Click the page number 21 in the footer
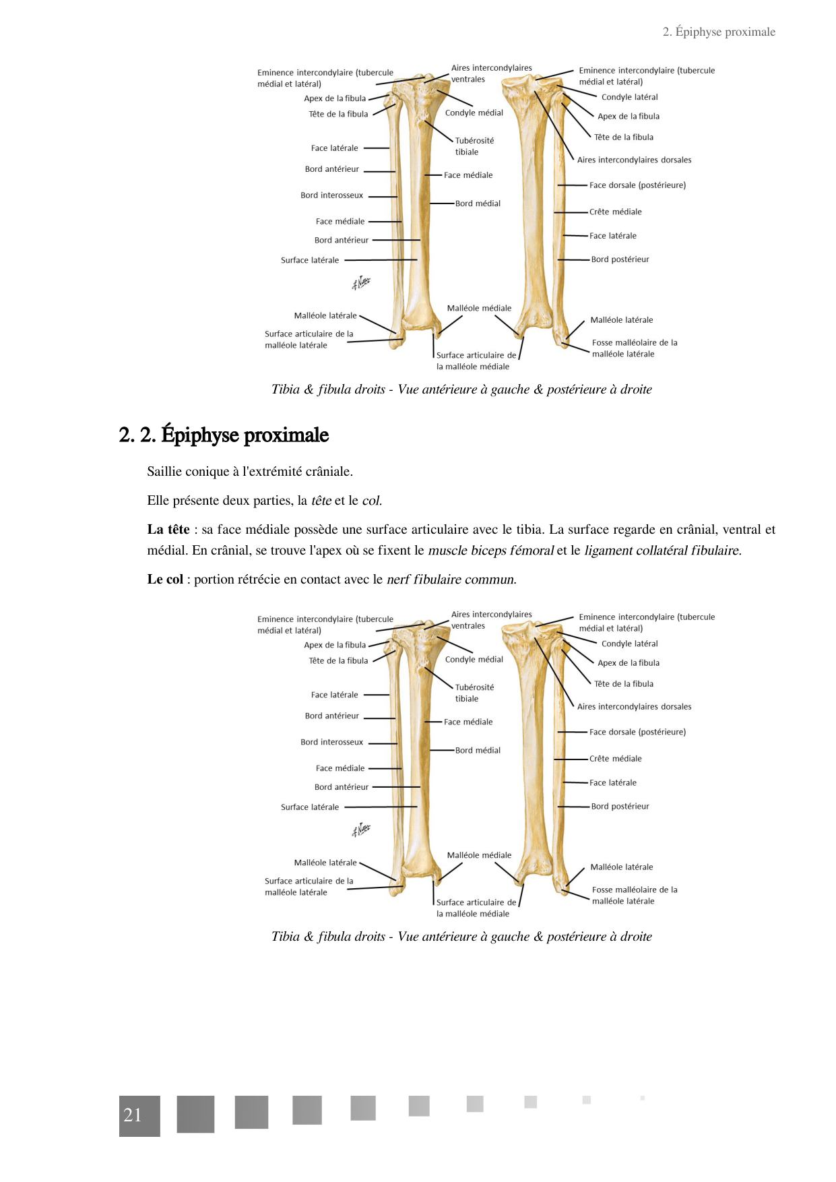pyautogui.click(x=133, y=1115)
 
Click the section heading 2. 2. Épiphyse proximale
pyautogui.click(x=224, y=435)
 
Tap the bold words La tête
pyautogui.click(x=168, y=530)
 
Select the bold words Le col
pyautogui.click(x=165, y=580)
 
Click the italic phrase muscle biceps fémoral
pyautogui.click(x=490, y=551)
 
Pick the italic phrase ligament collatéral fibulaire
pyautogui.click(x=663, y=551)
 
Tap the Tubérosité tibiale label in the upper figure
pyautogui.click(x=474, y=146)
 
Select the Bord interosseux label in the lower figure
pyautogui.click(x=331, y=742)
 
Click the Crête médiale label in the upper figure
pyautogui.click(x=615, y=212)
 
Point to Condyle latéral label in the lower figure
pyautogui.click(x=629, y=644)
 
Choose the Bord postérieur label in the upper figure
pyautogui.click(x=620, y=259)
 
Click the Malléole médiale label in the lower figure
pyautogui.click(x=479, y=855)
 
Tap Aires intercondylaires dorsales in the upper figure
pyautogui.click(x=634, y=160)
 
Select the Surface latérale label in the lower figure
pyautogui.click(x=310, y=807)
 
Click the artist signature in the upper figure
pyautogui.click(x=361, y=283)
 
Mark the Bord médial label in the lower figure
pyautogui.click(x=478, y=750)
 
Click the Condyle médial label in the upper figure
pyautogui.click(x=474, y=113)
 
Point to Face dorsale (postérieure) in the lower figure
pyautogui.click(x=637, y=732)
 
